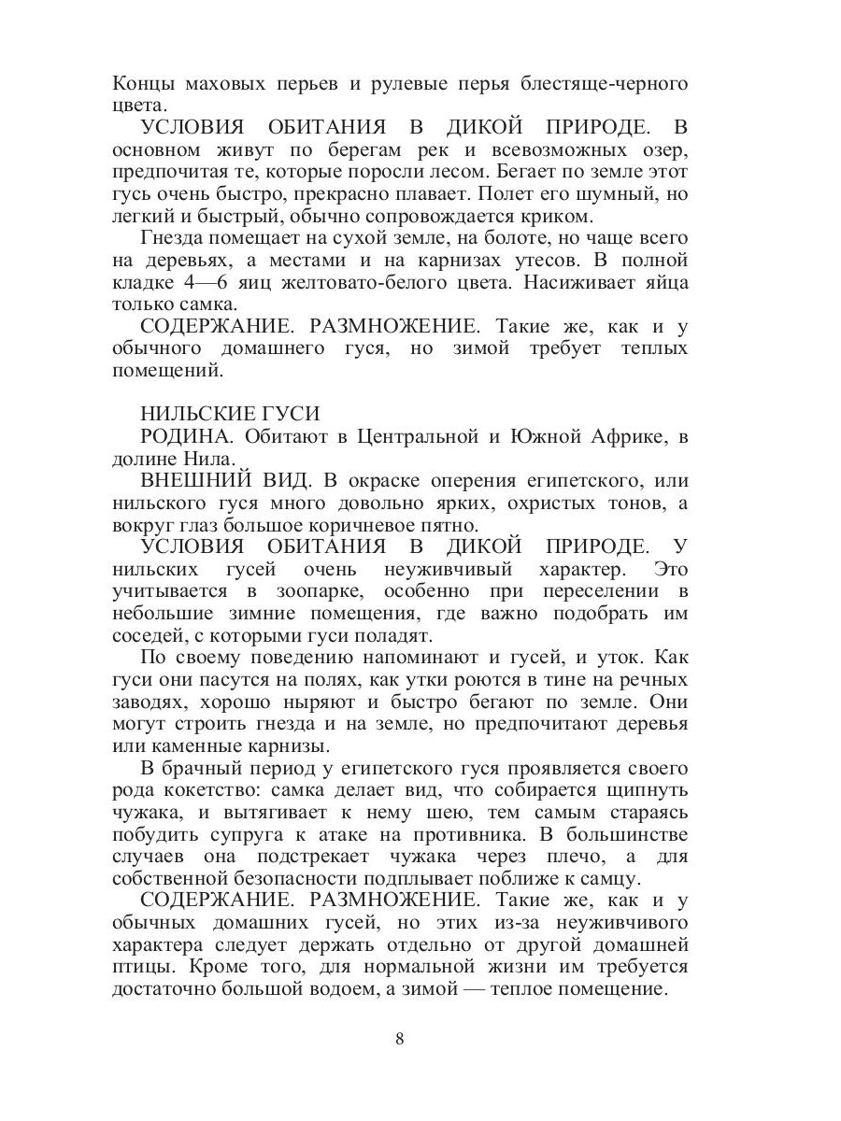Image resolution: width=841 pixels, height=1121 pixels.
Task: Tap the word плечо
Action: coord(546,857)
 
